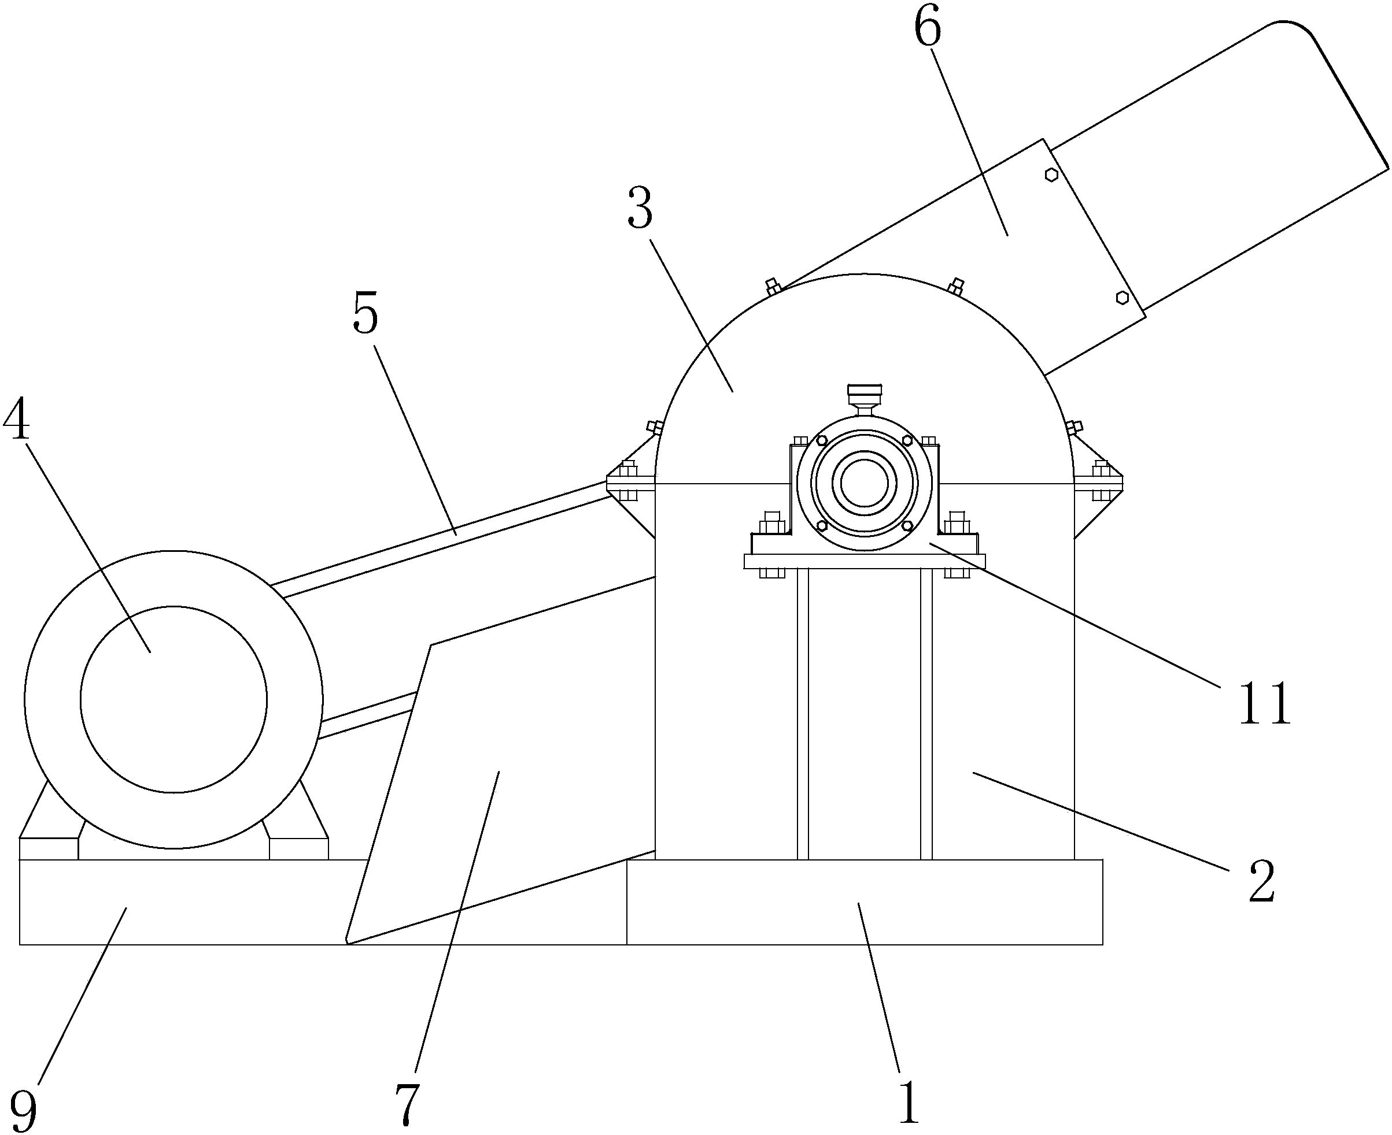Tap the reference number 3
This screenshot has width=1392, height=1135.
point(640,207)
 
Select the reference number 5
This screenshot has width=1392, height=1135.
point(365,313)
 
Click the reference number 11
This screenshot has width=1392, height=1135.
point(1266,703)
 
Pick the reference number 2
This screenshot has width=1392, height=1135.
point(1262,881)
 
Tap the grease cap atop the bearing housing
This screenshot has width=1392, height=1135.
point(864,395)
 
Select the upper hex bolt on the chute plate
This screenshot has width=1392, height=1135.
point(1051,175)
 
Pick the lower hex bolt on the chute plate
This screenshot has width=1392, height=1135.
point(1123,298)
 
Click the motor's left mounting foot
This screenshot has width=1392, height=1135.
point(49,821)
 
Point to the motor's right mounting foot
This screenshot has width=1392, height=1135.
point(298,821)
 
